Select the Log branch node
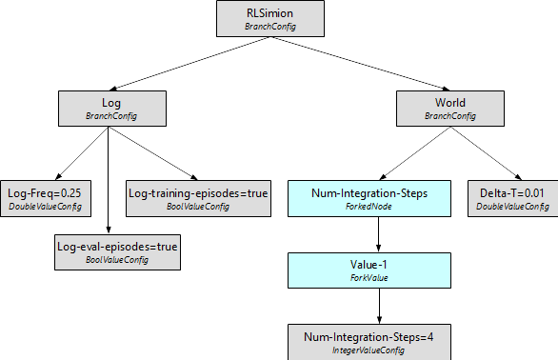(105, 109)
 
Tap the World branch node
(450, 109)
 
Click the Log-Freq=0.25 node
(44, 198)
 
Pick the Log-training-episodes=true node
(197, 198)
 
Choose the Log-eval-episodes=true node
(117, 252)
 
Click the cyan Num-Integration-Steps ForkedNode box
(380, 198)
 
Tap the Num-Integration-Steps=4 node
(380, 342)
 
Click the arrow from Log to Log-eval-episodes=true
(107, 181)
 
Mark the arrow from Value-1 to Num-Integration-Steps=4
(380, 306)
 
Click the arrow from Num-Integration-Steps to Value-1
(380, 234)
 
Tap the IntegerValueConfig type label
(380, 350)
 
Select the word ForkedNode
(380, 207)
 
